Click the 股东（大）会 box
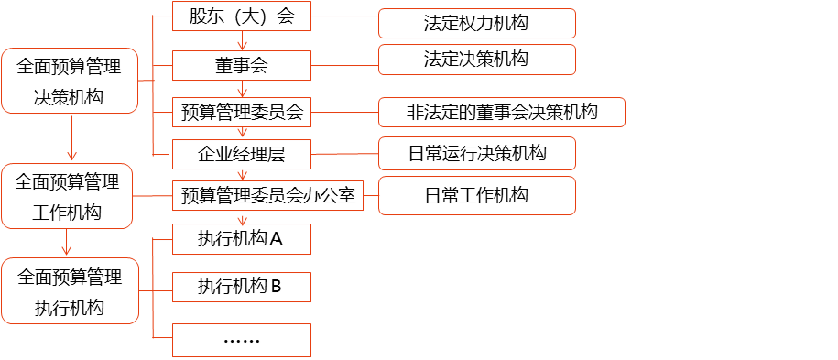pos(242,16)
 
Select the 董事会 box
pos(242,65)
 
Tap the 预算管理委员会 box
pos(242,113)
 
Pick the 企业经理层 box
pos(242,154)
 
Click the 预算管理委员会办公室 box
pos(267,195)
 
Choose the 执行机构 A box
pos(242,239)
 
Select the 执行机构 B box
pos(242,287)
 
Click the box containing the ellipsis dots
pos(242,340)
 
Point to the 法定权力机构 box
pos(476,23)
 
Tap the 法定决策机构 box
pos(476,60)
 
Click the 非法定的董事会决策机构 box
pos(502,113)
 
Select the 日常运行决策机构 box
pos(476,153)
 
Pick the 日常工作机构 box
pos(476,195)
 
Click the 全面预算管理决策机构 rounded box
pos(70,81)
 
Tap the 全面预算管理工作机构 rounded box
pos(67,197)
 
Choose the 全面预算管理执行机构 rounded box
pos(70,291)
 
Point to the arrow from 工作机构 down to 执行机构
pos(66,243)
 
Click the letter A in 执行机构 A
pos(276,239)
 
